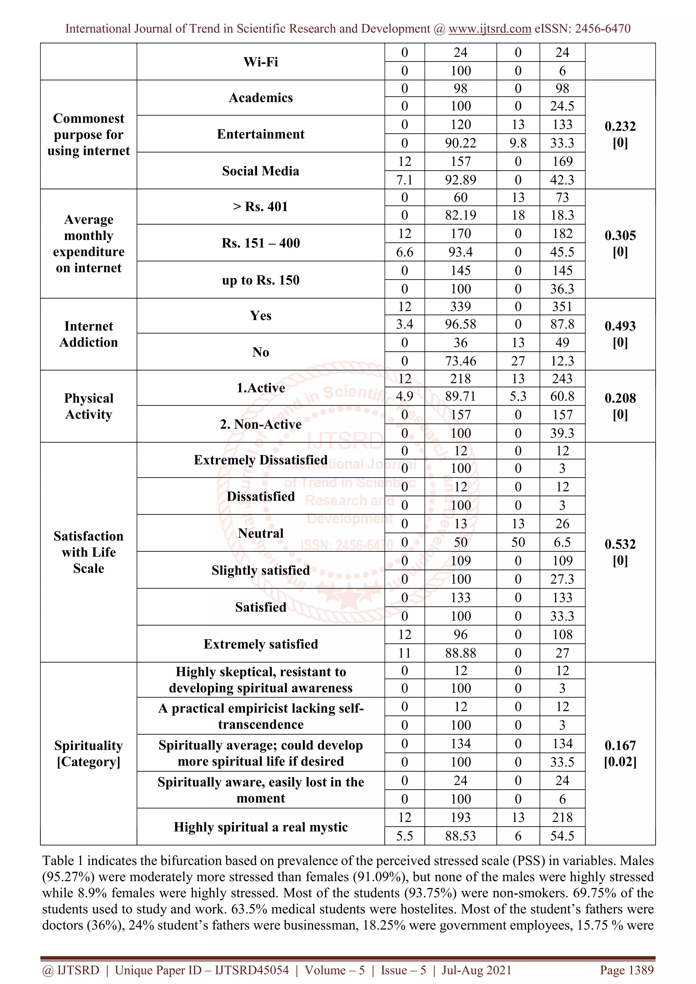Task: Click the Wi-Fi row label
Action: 261,62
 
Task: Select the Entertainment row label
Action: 261,134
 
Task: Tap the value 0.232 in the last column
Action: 620,126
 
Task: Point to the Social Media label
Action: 261,171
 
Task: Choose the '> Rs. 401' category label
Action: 261,207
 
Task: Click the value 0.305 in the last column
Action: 620,235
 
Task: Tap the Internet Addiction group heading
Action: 89,334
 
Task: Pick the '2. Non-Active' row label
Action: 261,424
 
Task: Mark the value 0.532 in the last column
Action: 620,544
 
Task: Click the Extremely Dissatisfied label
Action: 261,460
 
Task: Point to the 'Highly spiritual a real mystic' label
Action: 261,827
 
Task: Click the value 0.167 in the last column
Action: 620,746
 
